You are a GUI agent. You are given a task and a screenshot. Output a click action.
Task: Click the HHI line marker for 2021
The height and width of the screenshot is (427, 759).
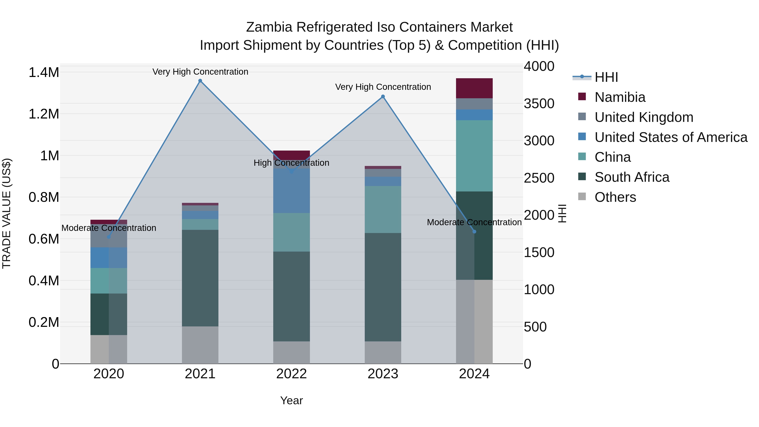(200, 81)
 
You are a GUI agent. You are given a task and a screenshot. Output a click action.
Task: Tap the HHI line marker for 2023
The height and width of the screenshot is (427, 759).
(383, 97)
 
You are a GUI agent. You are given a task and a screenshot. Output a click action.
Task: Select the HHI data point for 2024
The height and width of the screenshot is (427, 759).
(474, 232)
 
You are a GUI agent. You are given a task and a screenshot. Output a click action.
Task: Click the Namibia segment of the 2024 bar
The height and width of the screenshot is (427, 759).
(474, 88)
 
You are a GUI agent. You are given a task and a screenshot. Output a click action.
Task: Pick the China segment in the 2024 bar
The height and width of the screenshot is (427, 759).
(474, 156)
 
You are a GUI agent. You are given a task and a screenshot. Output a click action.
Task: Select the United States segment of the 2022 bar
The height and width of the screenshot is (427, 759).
(291, 191)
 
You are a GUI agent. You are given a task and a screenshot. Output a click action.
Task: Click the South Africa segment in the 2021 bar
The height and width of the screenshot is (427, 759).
(200, 278)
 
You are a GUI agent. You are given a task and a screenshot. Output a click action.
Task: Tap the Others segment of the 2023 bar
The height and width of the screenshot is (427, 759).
(383, 352)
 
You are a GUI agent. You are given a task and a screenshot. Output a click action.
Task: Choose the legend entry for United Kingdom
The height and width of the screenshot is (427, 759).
(644, 117)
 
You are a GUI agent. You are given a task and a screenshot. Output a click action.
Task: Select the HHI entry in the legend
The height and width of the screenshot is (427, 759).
(606, 77)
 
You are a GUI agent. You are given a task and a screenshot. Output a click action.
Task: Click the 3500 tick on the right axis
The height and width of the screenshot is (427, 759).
(539, 104)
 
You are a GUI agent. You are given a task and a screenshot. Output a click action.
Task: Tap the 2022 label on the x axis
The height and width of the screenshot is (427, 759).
(291, 374)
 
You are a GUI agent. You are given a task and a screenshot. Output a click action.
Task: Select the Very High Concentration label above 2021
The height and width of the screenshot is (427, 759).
(200, 72)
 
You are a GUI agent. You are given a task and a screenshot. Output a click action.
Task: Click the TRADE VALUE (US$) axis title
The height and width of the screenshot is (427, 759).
(7, 213)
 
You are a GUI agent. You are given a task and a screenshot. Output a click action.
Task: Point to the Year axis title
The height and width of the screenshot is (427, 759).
(291, 400)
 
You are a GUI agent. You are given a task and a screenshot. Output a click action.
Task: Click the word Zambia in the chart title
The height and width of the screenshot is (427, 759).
(269, 27)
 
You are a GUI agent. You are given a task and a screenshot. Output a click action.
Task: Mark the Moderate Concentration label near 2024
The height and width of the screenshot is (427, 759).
(474, 222)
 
